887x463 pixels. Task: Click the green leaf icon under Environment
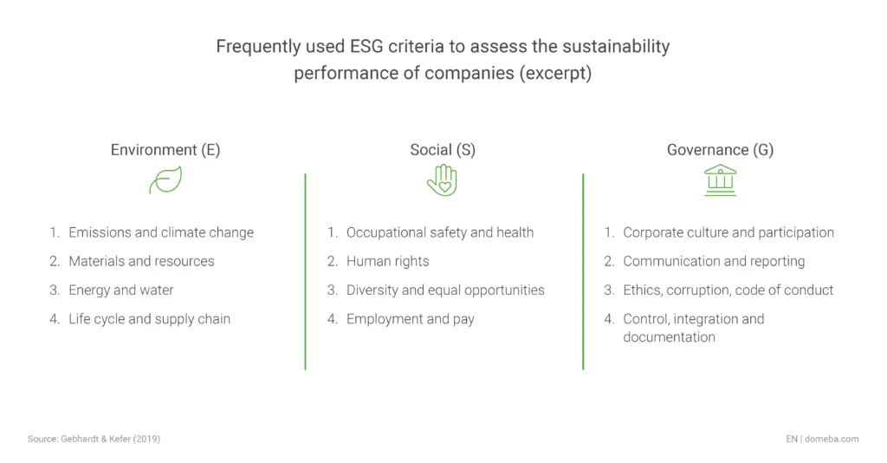[x=165, y=180]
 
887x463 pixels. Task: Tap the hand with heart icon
[x=442, y=180]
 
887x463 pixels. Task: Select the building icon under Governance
[x=720, y=180]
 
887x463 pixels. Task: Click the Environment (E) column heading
[x=165, y=150]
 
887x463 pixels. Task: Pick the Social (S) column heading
[x=443, y=150]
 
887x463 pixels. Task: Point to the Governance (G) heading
[x=720, y=150]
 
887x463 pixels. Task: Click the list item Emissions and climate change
[x=161, y=232]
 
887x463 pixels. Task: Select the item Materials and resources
[x=141, y=261]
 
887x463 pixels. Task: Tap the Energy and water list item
[x=121, y=290]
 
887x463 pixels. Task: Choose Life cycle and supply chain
[x=150, y=319]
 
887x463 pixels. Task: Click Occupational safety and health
[x=440, y=232]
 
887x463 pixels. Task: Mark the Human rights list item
[x=387, y=261]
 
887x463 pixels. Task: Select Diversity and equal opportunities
[x=445, y=290]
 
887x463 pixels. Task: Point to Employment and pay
[x=411, y=319]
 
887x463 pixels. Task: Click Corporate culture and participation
[x=728, y=232]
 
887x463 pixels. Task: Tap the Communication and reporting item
[x=714, y=261]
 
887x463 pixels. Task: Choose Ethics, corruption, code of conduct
[x=728, y=290]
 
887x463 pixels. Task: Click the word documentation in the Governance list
[x=669, y=337]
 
